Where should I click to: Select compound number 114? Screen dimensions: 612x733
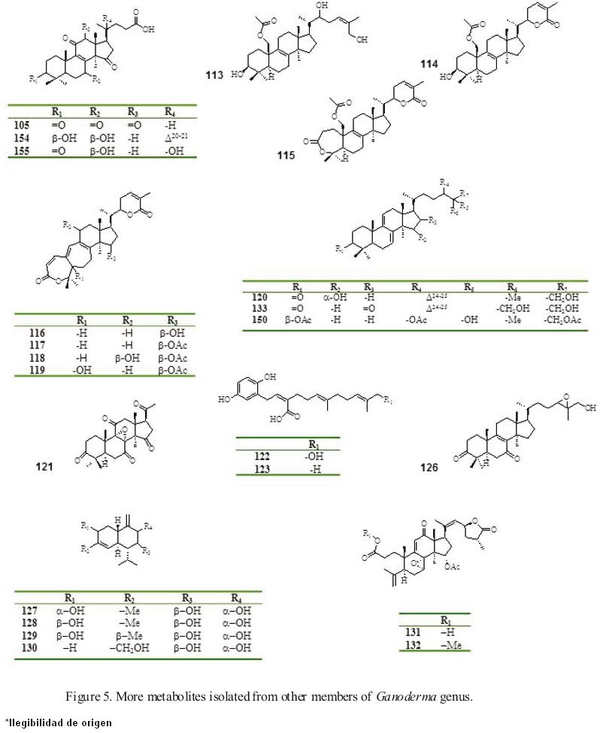coord(431,65)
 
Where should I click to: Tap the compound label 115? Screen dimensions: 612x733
coord(286,156)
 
